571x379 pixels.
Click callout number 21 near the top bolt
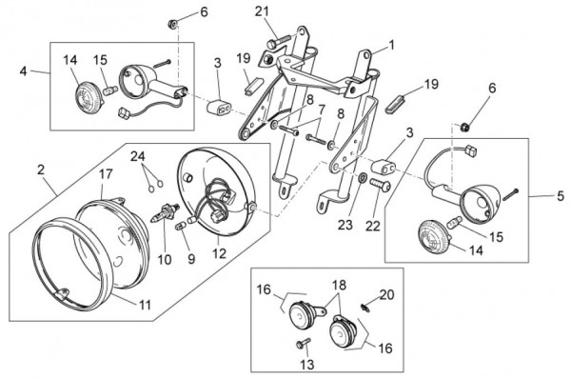coord(262,11)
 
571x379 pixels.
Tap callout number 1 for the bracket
coord(391,45)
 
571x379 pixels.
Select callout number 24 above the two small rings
coord(138,156)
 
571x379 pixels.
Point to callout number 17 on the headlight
coord(106,174)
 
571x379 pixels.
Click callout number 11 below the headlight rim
coord(146,305)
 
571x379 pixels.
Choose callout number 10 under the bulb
coord(165,259)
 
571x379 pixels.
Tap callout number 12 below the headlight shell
coord(219,253)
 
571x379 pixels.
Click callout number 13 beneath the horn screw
coord(307,364)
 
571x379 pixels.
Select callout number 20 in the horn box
coord(386,294)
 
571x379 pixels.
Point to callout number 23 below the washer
coord(345,225)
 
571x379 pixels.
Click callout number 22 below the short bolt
coord(372,226)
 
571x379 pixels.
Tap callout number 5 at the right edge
coord(561,196)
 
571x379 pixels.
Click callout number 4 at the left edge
coord(23,71)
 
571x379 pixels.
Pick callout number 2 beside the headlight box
coord(40,170)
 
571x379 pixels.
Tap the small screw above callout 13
coord(303,343)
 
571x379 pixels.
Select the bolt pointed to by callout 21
coord(280,40)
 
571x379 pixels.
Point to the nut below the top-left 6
coord(172,25)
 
